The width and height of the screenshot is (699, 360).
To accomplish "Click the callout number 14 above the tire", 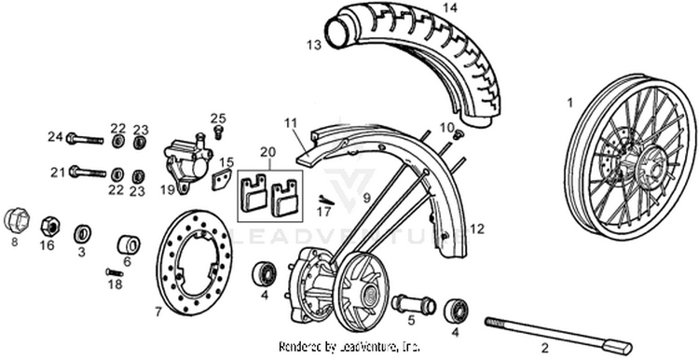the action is [x=450, y=8].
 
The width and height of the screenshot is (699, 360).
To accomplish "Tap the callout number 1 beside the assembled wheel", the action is [x=569, y=104].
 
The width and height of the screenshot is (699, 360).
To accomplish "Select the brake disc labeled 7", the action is [x=195, y=263].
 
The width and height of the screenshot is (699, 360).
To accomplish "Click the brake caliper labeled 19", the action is [x=187, y=163].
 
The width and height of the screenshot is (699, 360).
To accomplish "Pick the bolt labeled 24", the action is [x=85, y=139].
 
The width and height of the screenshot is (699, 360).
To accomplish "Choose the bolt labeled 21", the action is [x=87, y=172].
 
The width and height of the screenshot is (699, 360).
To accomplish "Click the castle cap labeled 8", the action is [x=17, y=220].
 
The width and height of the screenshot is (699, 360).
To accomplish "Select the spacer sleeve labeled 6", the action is [x=129, y=244].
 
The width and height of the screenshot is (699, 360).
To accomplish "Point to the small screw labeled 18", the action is [x=114, y=271].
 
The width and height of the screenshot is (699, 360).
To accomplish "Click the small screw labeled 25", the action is [x=218, y=132].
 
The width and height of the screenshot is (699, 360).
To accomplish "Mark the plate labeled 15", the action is [x=222, y=180].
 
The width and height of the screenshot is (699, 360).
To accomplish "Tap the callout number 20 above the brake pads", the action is [x=268, y=152].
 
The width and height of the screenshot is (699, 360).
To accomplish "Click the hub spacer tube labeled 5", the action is [x=413, y=306].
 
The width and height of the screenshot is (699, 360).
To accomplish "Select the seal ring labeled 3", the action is [x=82, y=234].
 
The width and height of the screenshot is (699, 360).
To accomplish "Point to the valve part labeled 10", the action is [x=458, y=132].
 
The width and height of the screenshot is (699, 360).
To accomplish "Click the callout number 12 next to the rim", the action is [x=476, y=229].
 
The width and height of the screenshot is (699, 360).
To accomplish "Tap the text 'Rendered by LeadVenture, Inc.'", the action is [x=349, y=346].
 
